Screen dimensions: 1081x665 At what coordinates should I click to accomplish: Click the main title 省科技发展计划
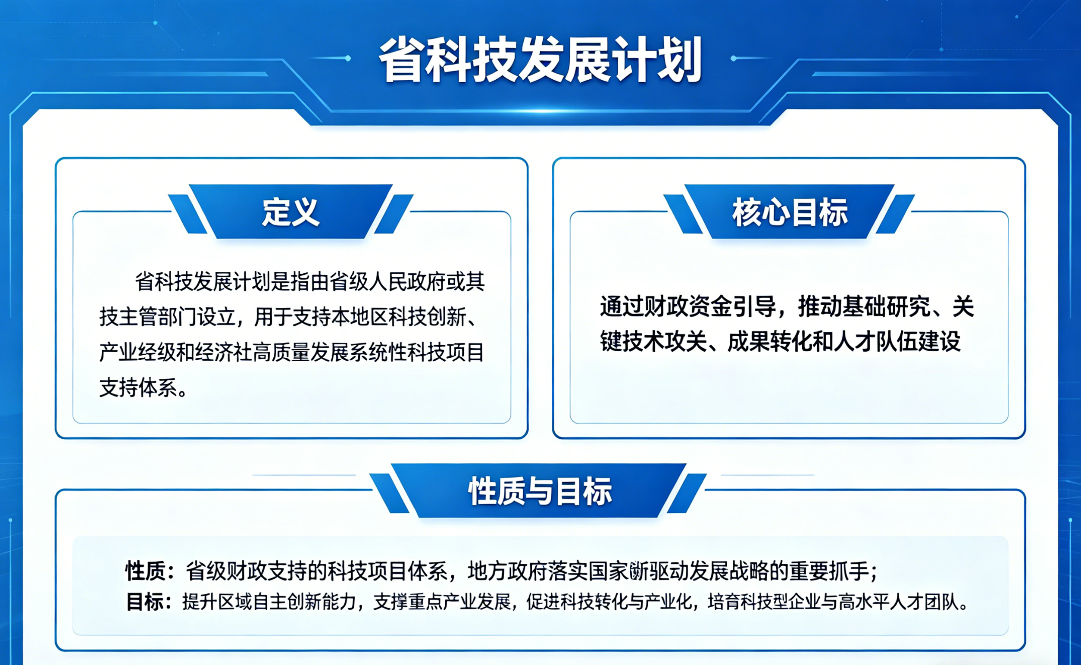pos(540,60)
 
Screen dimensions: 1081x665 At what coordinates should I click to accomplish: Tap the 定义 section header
pos(291,212)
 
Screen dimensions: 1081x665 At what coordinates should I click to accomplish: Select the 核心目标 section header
pos(790,212)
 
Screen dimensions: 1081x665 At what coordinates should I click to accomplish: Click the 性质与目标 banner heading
pos(540,491)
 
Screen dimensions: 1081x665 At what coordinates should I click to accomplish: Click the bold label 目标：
pos(150,602)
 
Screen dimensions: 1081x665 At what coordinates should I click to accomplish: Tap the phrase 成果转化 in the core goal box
pos(770,342)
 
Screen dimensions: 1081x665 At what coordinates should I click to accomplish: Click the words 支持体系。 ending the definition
pos(144,387)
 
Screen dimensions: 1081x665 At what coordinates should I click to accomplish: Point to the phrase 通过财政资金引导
pos(688,306)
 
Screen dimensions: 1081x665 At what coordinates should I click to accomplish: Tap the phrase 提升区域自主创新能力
pos(269,602)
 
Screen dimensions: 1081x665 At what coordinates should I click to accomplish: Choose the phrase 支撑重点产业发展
pos(442,602)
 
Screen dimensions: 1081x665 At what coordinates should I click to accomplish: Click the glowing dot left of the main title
pos(348,58)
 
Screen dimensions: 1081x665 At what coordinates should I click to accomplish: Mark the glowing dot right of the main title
pos(733,58)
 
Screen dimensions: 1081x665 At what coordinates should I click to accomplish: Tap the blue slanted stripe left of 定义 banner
pos(188,214)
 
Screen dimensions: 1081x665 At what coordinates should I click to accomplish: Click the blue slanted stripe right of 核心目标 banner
pos(895,214)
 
